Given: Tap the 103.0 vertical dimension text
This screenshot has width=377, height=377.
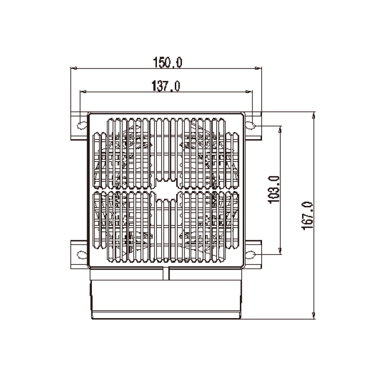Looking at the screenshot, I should (x=274, y=189).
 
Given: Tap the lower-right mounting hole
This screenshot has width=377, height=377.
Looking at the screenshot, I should (x=252, y=254).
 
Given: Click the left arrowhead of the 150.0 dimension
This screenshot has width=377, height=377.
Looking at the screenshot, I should (x=74, y=69).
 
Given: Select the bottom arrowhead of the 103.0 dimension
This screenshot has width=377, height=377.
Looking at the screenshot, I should (x=281, y=251).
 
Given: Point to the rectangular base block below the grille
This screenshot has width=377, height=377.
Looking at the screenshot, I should (x=166, y=299).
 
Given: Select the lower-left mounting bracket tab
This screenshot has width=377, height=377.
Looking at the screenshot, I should (x=78, y=254).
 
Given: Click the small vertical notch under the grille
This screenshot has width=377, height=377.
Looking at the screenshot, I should (x=166, y=273).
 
